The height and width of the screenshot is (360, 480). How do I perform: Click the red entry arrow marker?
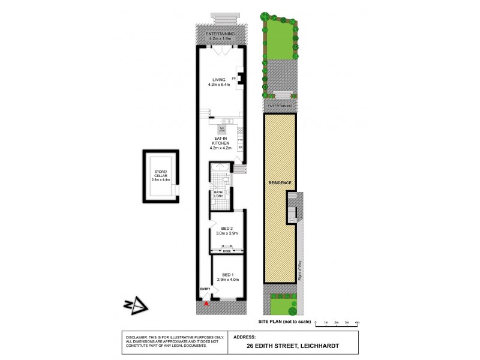[x=206, y=305]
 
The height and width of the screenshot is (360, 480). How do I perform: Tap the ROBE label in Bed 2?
[x=227, y=251]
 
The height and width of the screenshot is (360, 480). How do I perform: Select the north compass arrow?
[x=139, y=306]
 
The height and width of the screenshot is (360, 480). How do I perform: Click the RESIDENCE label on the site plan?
[x=280, y=183]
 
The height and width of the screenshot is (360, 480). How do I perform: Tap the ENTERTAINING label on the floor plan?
[x=221, y=35]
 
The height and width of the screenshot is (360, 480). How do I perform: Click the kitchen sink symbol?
[x=229, y=121]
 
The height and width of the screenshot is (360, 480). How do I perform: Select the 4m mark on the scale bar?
[x=357, y=322]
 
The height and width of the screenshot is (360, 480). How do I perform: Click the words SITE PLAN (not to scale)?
[x=285, y=322]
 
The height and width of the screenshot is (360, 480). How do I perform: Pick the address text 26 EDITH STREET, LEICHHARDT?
[x=295, y=345]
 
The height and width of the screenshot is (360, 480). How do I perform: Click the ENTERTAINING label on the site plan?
[x=280, y=106]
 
